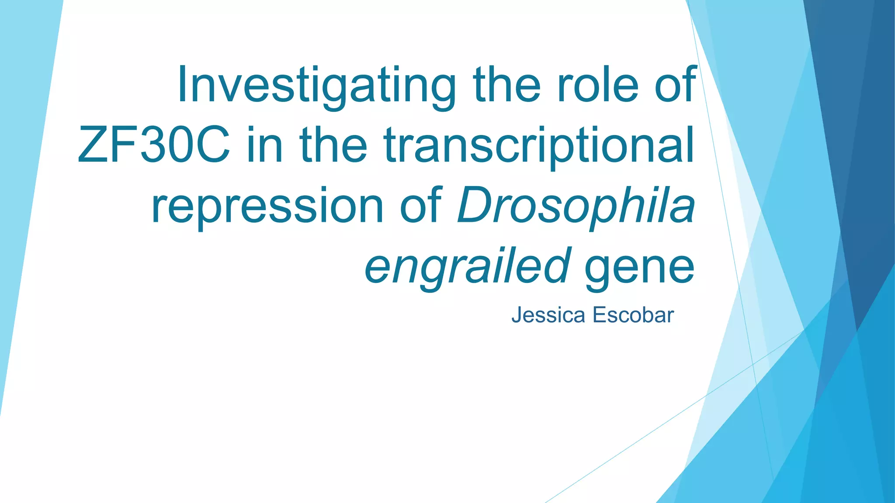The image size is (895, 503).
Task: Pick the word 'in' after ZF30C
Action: point(265,145)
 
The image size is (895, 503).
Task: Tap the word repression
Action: point(267,206)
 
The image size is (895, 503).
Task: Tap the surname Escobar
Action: point(633,315)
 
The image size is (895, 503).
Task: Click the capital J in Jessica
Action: point(516,315)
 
